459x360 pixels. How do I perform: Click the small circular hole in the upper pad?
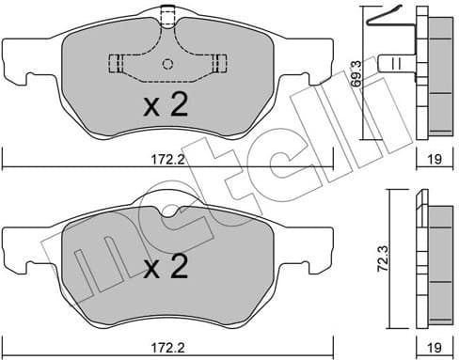168,65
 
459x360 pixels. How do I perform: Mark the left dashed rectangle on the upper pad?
116,64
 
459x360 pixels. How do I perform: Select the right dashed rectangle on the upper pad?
221,64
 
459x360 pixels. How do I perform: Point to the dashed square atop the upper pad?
168,15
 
